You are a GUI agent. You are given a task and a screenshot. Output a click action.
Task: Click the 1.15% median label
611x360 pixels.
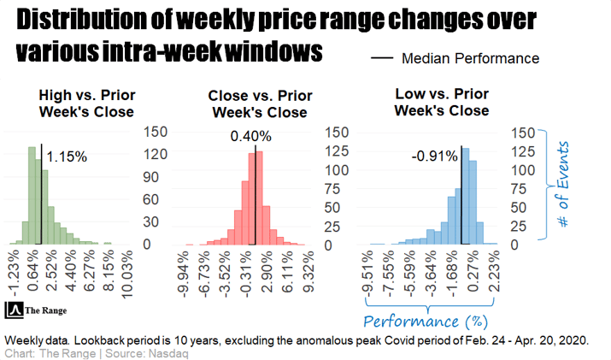pyautogui.click(x=67, y=157)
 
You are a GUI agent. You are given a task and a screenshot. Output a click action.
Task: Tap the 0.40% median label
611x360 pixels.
pyautogui.click(x=250, y=136)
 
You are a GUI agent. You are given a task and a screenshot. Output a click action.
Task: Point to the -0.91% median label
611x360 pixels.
pyautogui.click(x=435, y=156)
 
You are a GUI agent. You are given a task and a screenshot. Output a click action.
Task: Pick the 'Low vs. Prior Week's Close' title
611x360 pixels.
pyautogui.click(x=442, y=102)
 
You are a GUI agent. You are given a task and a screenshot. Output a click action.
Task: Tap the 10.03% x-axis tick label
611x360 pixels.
pyautogui.click(x=126, y=274)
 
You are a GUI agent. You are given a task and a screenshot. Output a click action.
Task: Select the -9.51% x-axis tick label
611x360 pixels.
pyautogui.click(x=367, y=274)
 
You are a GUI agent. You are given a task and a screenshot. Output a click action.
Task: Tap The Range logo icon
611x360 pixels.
pyautogui.click(x=15, y=310)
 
